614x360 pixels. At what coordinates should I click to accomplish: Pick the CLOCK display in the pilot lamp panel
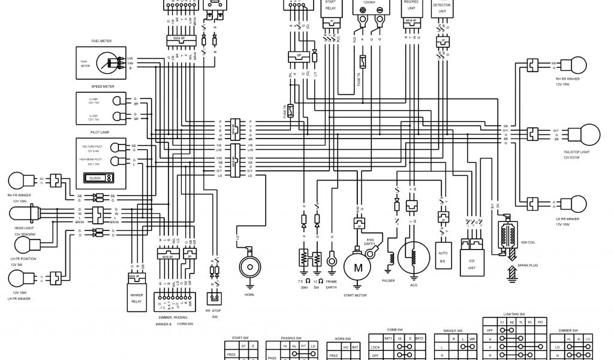coord(98,178)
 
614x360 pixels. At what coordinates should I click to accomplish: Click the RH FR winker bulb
coord(16,179)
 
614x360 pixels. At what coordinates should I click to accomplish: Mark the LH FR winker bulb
coord(16,278)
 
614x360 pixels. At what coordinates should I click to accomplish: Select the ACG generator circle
coord(412,257)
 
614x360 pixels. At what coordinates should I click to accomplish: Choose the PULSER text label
coord(388,280)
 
